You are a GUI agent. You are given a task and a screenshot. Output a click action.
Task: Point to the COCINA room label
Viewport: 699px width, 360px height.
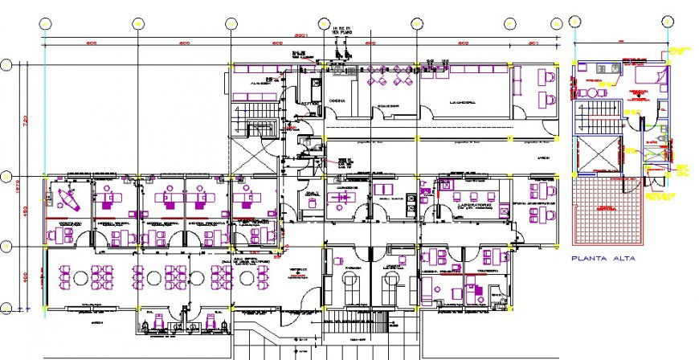coord(337,101)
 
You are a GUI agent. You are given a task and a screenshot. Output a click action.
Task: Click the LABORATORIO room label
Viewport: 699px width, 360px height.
coord(463,205)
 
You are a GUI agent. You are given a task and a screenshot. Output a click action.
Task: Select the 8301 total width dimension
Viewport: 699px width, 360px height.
coord(300,36)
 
